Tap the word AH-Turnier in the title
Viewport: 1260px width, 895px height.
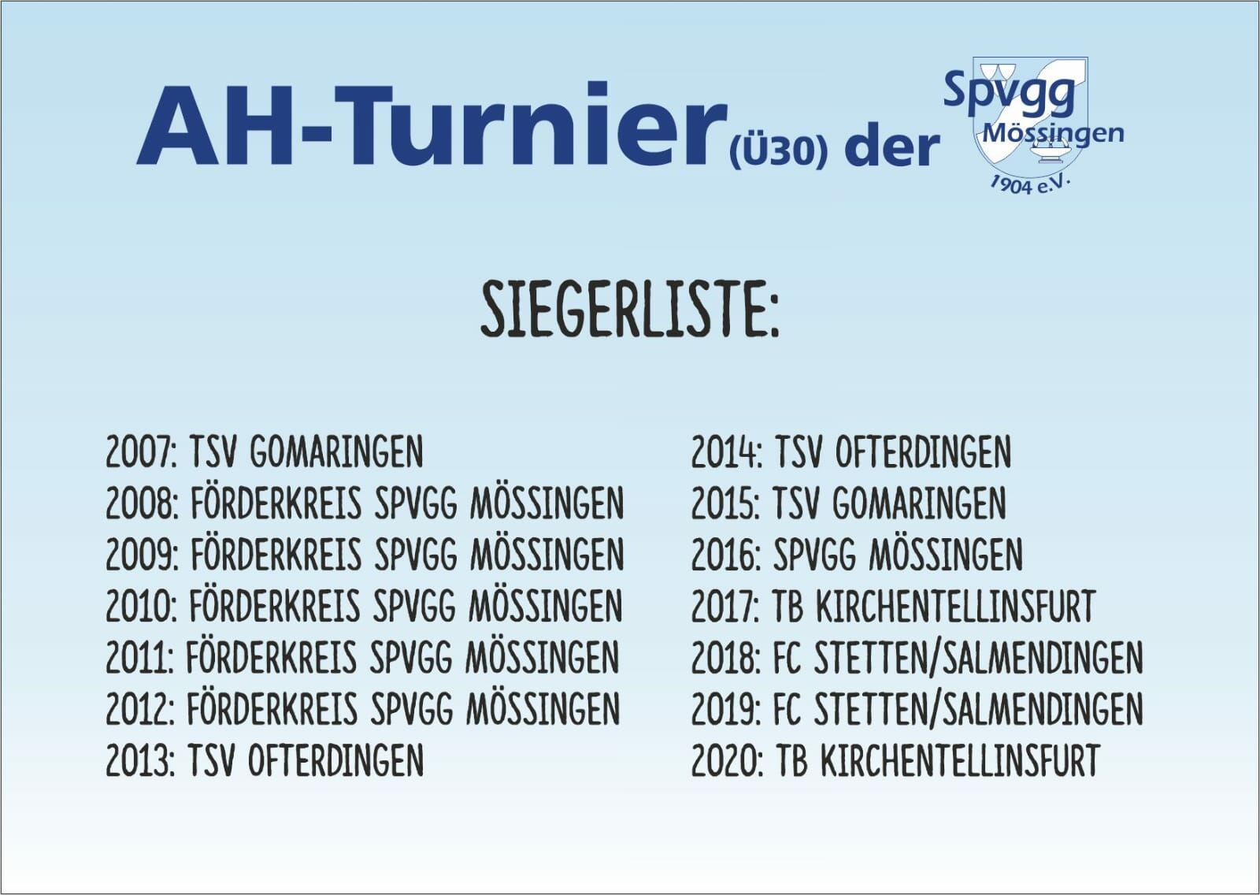tap(432, 125)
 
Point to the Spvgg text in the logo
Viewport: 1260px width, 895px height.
tap(1009, 91)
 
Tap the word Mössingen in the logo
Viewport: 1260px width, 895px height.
tap(1053, 134)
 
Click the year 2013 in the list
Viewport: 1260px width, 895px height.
tap(140, 760)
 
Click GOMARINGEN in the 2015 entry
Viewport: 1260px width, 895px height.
tap(919, 503)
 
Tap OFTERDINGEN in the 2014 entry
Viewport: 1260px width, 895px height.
tap(923, 451)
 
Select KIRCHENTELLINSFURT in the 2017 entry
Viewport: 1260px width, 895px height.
tap(955, 606)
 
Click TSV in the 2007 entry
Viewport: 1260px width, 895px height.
tap(212, 451)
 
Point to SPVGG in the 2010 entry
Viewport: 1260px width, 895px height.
tap(414, 606)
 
